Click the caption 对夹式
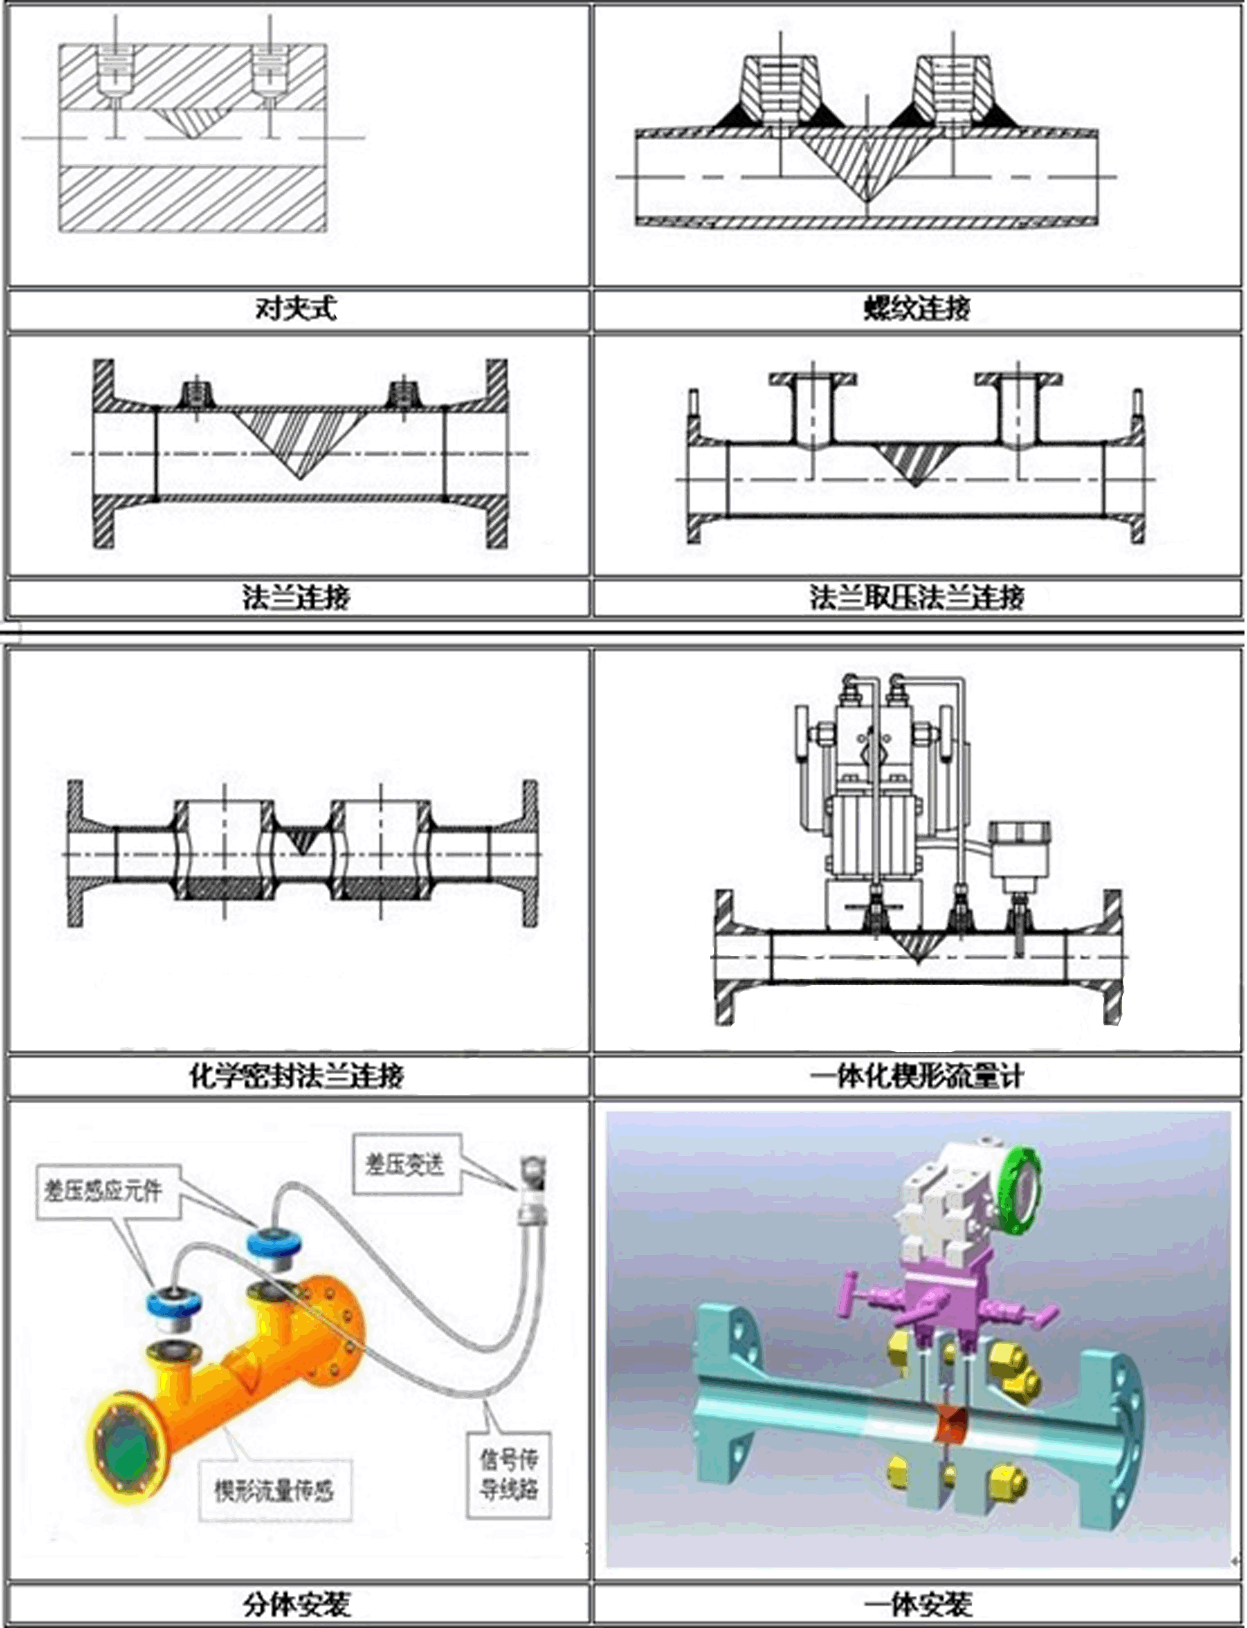coord(296,308)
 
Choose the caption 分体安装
coord(296,1605)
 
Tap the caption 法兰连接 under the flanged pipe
coord(296,597)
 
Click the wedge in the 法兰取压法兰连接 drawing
coord(916,464)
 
